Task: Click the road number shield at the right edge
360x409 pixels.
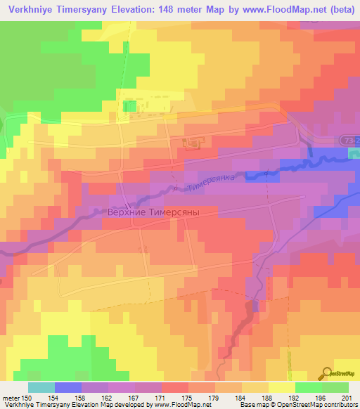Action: coord(352,141)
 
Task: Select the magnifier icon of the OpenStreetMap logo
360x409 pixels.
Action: coord(328,373)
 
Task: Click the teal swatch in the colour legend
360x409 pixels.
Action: coord(41,387)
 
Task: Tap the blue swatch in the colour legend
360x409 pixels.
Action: coord(68,387)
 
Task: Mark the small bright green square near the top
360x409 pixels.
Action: coord(129,105)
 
